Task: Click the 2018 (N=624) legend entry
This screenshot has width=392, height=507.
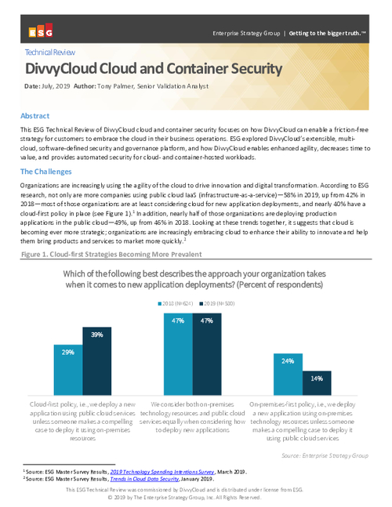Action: click(180, 281)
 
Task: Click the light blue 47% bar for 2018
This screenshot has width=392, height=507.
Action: click(178, 346)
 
